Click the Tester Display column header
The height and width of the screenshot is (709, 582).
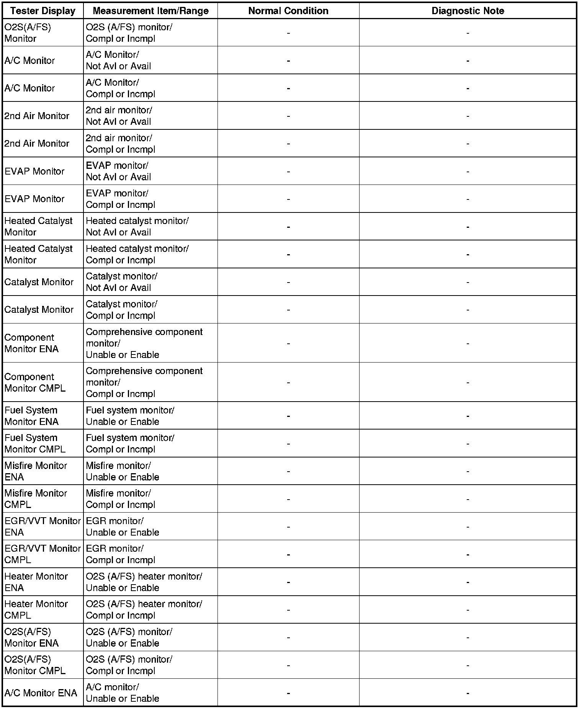click(43, 11)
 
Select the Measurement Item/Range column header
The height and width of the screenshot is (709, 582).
click(150, 11)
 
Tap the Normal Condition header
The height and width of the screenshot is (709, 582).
click(288, 11)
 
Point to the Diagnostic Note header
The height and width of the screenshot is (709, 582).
click(468, 11)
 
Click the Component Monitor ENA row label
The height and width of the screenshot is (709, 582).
click(31, 343)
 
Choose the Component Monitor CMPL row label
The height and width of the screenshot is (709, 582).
click(35, 382)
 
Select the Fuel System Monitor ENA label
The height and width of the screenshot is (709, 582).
click(31, 416)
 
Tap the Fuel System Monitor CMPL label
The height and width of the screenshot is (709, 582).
click(35, 443)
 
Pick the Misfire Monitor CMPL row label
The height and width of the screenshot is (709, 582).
click(36, 499)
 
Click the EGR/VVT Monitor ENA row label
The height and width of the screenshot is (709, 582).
click(42, 526)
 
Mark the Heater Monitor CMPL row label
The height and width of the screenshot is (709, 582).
click(36, 609)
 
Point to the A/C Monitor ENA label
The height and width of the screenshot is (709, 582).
click(41, 693)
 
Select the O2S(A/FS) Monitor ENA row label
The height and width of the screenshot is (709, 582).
click(31, 637)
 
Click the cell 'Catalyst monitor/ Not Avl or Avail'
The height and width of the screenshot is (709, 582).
click(121, 282)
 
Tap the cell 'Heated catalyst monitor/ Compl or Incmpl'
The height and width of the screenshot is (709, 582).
click(137, 254)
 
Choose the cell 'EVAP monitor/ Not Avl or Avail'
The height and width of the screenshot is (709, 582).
click(118, 171)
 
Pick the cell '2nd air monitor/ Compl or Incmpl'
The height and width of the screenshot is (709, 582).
click(120, 144)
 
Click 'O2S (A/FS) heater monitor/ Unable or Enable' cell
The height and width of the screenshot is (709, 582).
click(144, 582)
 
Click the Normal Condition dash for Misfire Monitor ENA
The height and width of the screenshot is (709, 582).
click(288, 471)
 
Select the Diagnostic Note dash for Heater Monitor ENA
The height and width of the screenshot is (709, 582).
click(468, 582)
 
